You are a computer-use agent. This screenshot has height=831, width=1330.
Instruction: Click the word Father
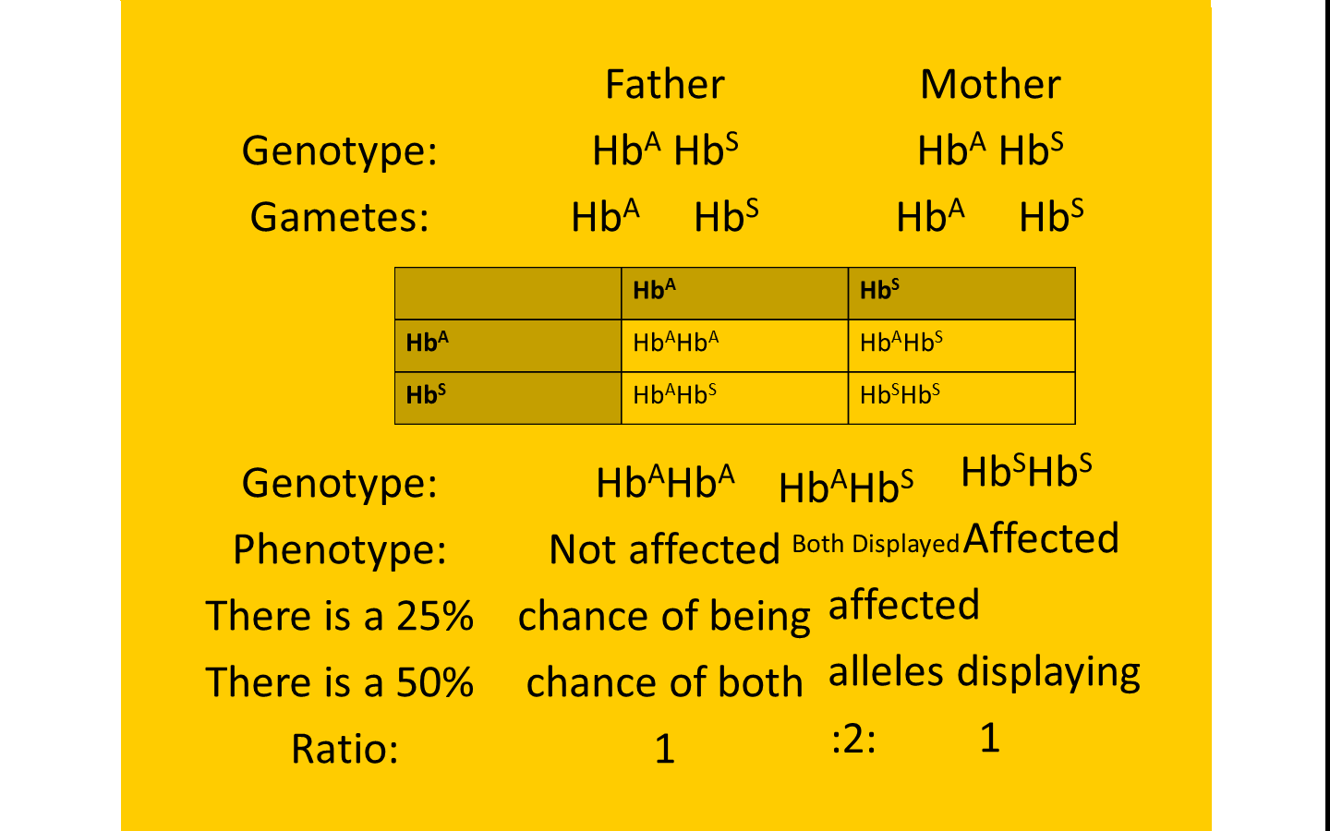tap(665, 84)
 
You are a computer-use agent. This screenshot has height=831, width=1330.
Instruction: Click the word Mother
tap(990, 84)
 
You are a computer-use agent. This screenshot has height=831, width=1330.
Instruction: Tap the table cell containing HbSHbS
tap(961, 398)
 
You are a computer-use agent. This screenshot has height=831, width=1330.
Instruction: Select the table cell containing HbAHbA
tap(735, 345)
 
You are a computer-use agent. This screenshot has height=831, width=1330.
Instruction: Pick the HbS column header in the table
tap(961, 294)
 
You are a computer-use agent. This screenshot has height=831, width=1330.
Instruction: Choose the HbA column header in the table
tap(735, 294)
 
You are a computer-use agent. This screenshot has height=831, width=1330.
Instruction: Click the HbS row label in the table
tap(508, 398)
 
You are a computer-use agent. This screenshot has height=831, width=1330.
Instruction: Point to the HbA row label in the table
tap(508, 345)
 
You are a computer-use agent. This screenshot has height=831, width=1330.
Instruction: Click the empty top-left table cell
tap(508, 294)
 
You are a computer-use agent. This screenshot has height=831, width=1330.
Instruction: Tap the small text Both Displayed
tap(876, 544)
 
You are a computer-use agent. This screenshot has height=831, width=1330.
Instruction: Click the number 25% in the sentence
tap(435, 616)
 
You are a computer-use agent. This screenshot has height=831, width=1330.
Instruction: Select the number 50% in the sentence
tap(435, 682)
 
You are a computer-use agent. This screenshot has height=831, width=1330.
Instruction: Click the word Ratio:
tap(345, 749)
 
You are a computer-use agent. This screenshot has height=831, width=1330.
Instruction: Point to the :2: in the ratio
tap(853, 741)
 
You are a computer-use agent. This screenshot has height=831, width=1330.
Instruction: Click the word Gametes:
tap(339, 217)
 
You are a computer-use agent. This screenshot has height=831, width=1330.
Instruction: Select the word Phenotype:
tap(339, 549)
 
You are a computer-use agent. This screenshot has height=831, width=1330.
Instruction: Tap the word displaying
tap(1048, 673)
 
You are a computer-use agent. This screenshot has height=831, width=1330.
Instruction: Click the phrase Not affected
tap(664, 549)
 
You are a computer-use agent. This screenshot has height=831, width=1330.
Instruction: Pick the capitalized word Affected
tap(1041, 538)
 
